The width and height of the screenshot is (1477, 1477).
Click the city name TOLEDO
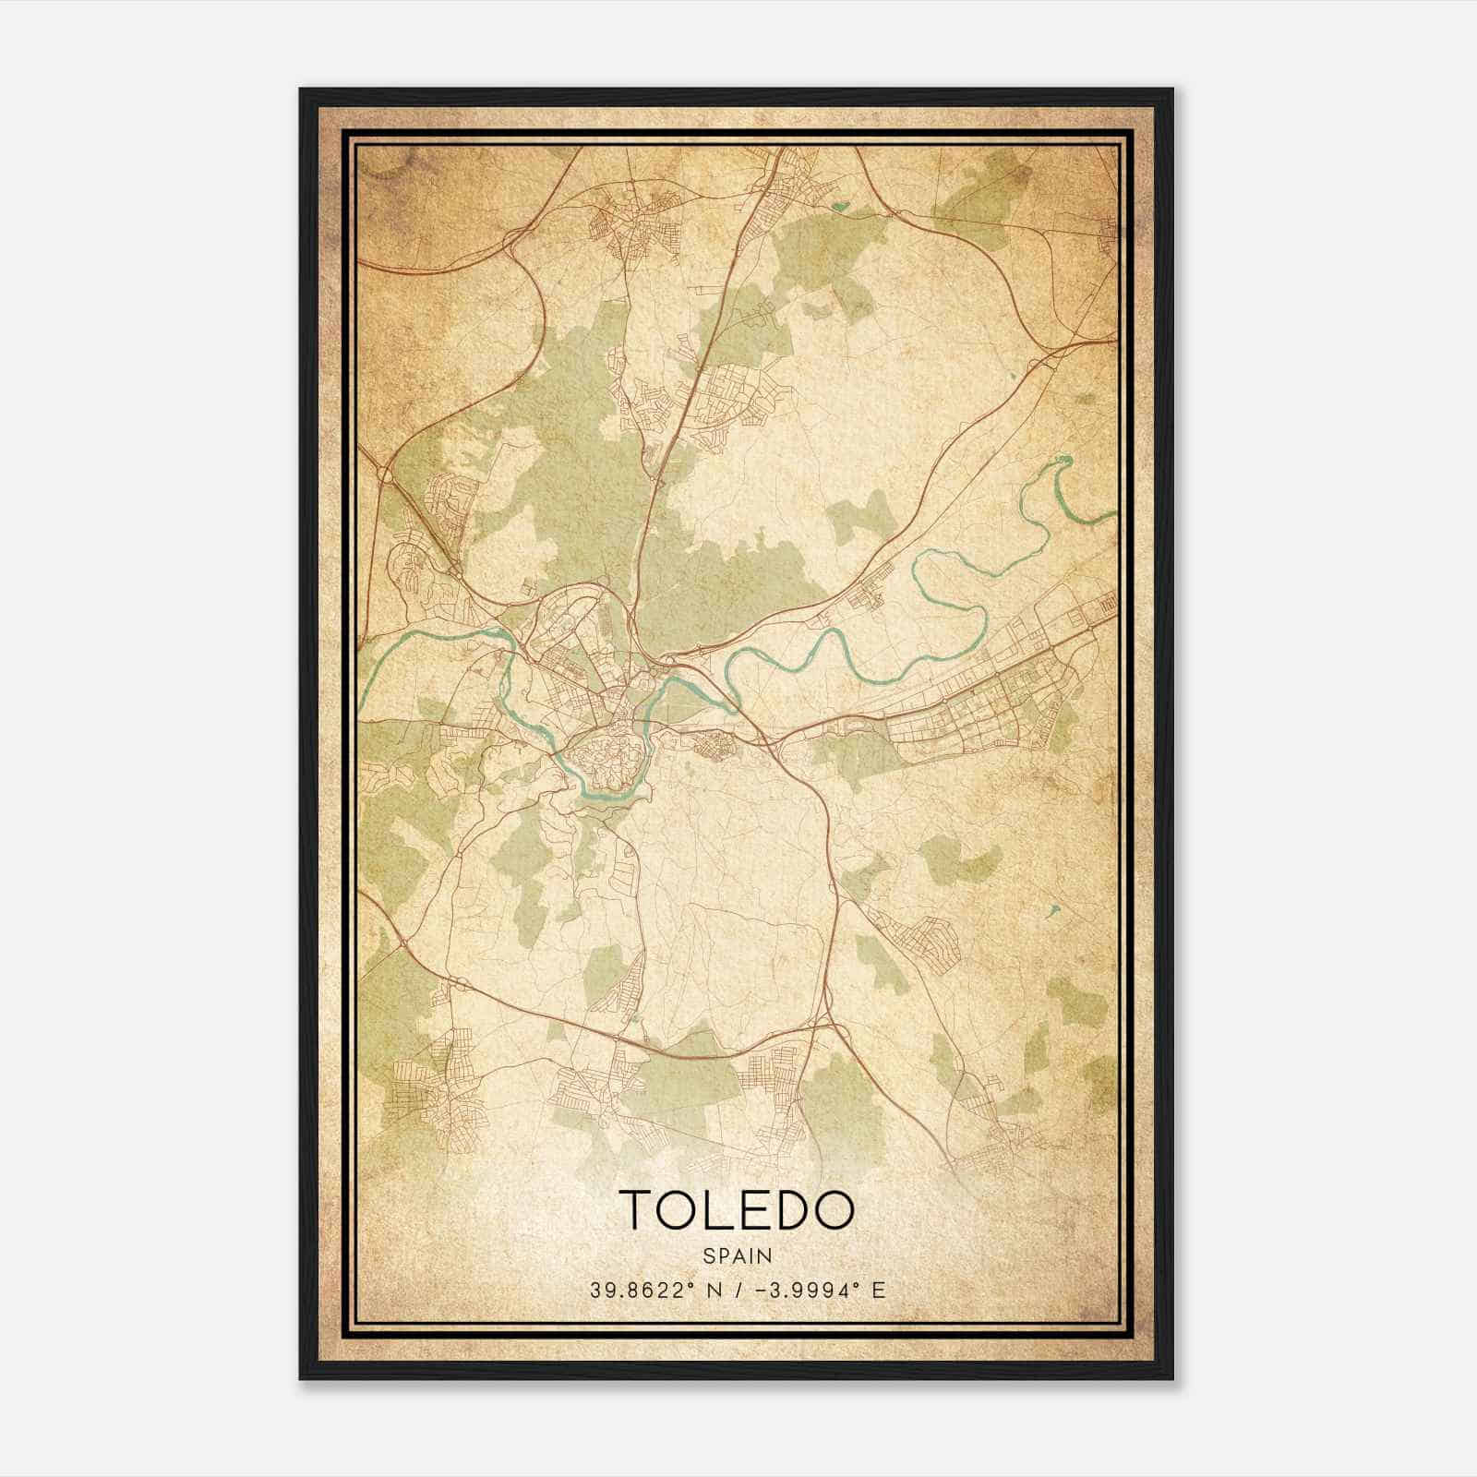tap(737, 1209)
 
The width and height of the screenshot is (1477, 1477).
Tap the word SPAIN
tap(737, 1255)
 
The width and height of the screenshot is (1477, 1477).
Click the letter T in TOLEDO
tap(639, 1209)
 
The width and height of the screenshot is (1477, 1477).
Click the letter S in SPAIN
tap(708, 1255)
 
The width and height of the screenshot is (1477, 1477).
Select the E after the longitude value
tap(879, 1290)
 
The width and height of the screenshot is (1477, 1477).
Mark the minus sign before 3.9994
tap(761, 1290)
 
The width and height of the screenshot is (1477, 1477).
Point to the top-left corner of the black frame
tap(302, 90)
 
